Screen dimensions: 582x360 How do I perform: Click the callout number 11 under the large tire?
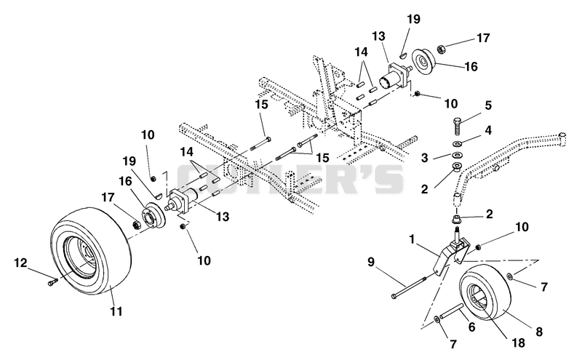pos(116,311)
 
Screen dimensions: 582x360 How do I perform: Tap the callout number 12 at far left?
pos(21,263)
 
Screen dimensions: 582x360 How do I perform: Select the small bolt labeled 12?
pos(52,282)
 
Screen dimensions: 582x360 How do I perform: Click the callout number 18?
pos(518,343)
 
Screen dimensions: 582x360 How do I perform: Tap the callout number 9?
pos(371,262)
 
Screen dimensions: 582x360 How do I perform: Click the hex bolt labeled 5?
pos(458,127)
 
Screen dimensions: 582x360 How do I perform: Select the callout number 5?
pos(488,105)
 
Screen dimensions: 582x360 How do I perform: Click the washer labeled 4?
pos(458,143)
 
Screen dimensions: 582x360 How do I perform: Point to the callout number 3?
pos(425,157)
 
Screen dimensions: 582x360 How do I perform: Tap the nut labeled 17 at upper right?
pos(442,48)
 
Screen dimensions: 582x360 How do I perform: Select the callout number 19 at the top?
pos(413,19)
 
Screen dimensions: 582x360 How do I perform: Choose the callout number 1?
pos(412,240)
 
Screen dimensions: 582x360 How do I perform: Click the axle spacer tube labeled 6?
pos(451,311)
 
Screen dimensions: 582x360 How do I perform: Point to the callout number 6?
pos(471,327)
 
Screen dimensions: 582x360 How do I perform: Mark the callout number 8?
pos(539,331)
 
